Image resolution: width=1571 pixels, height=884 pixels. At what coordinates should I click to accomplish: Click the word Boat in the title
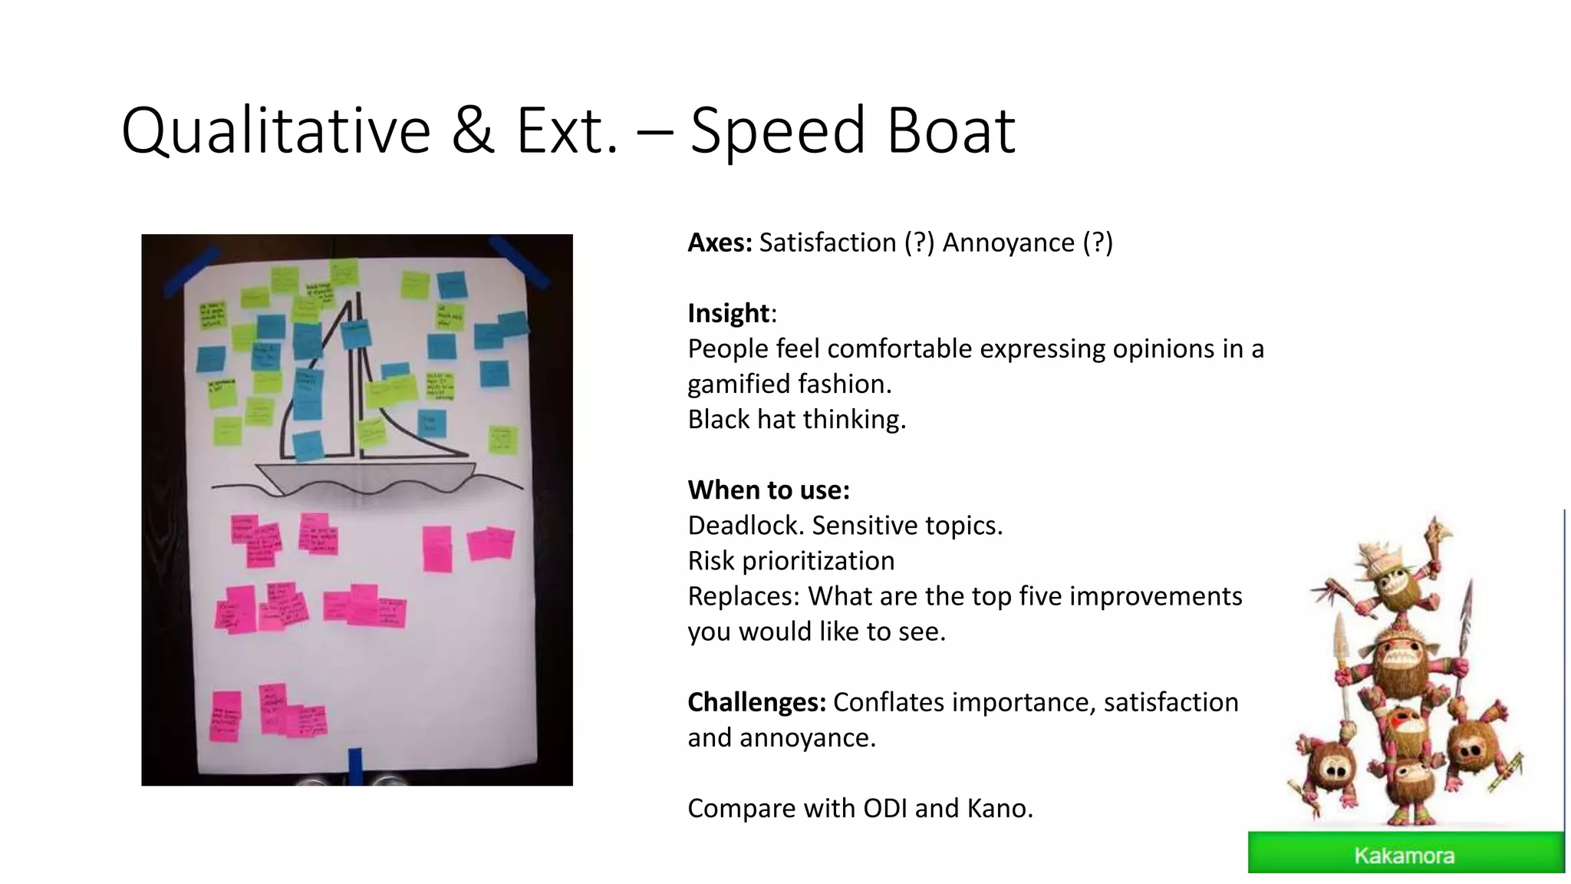coord(951,130)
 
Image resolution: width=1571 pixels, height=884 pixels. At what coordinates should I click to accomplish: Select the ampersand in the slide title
coord(473,130)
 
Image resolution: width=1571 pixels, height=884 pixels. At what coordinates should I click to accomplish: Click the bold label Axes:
coord(720,242)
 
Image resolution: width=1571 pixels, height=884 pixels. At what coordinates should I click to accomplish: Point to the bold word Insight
coord(728,313)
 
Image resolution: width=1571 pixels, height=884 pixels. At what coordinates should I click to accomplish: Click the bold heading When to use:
coord(769,490)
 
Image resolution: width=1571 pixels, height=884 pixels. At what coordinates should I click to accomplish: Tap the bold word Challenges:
coord(756,702)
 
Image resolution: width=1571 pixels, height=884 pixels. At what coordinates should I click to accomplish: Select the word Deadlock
coord(746,526)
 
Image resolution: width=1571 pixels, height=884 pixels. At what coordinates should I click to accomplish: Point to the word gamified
coord(736,384)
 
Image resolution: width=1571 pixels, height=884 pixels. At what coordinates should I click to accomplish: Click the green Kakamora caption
coord(1405,854)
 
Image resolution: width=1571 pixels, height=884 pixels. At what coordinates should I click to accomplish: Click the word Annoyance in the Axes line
coord(1008,242)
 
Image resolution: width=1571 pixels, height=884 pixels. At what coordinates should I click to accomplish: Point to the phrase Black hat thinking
coord(796,420)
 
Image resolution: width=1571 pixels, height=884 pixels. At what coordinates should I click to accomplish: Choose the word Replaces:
coord(743,596)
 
